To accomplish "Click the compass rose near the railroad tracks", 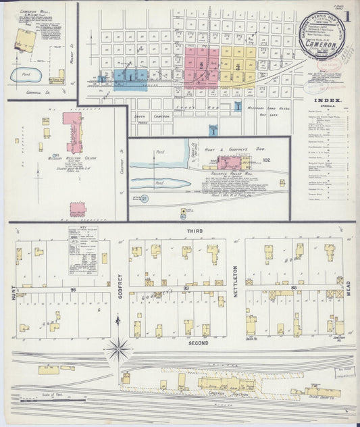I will pyautogui.click(x=119, y=349).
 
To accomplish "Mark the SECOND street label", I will pyautogui.click(x=197, y=343).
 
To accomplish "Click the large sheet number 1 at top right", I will pyautogui.click(x=349, y=15).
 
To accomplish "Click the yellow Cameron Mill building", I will pyautogui.click(x=26, y=41).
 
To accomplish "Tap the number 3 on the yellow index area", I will pyautogui.click(x=238, y=68).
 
